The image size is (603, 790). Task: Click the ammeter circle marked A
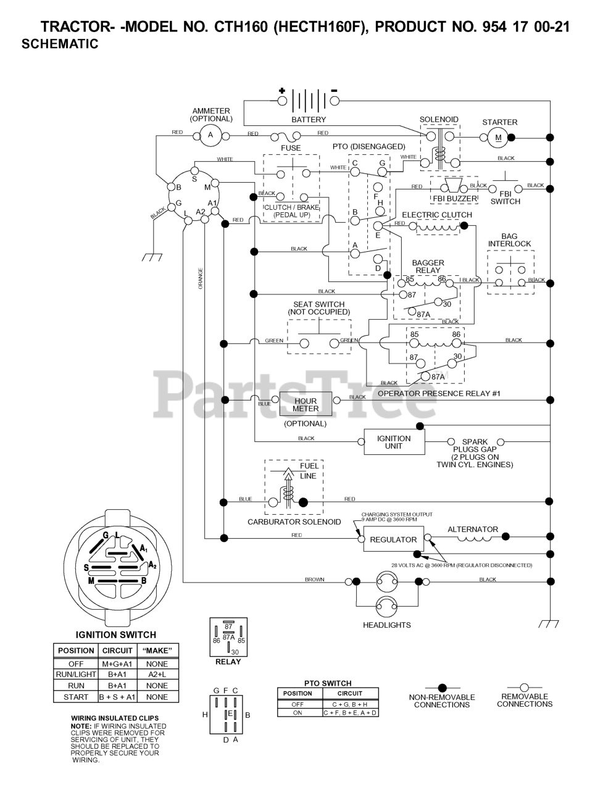(x=210, y=135)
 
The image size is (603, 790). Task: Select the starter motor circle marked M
(x=498, y=138)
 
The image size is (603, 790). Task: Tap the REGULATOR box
(x=393, y=539)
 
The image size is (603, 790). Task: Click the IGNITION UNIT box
(x=394, y=442)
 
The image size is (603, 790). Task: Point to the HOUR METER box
(x=306, y=405)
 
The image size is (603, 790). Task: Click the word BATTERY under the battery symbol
(x=309, y=119)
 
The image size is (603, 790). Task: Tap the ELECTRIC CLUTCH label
(x=437, y=215)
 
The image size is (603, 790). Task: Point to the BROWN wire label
(x=314, y=580)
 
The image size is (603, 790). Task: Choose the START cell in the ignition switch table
(x=76, y=697)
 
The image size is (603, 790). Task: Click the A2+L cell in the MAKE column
(x=157, y=675)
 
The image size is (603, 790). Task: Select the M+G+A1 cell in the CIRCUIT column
(x=117, y=663)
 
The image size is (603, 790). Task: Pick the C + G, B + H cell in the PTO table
(x=350, y=704)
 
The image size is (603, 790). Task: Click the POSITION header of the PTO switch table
(x=297, y=693)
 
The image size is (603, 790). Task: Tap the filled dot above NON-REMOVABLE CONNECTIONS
(x=442, y=688)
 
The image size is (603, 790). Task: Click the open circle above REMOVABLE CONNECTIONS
(x=524, y=687)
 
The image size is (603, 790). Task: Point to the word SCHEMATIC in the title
(x=60, y=44)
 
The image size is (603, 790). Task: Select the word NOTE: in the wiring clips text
(x=81, y=726)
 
